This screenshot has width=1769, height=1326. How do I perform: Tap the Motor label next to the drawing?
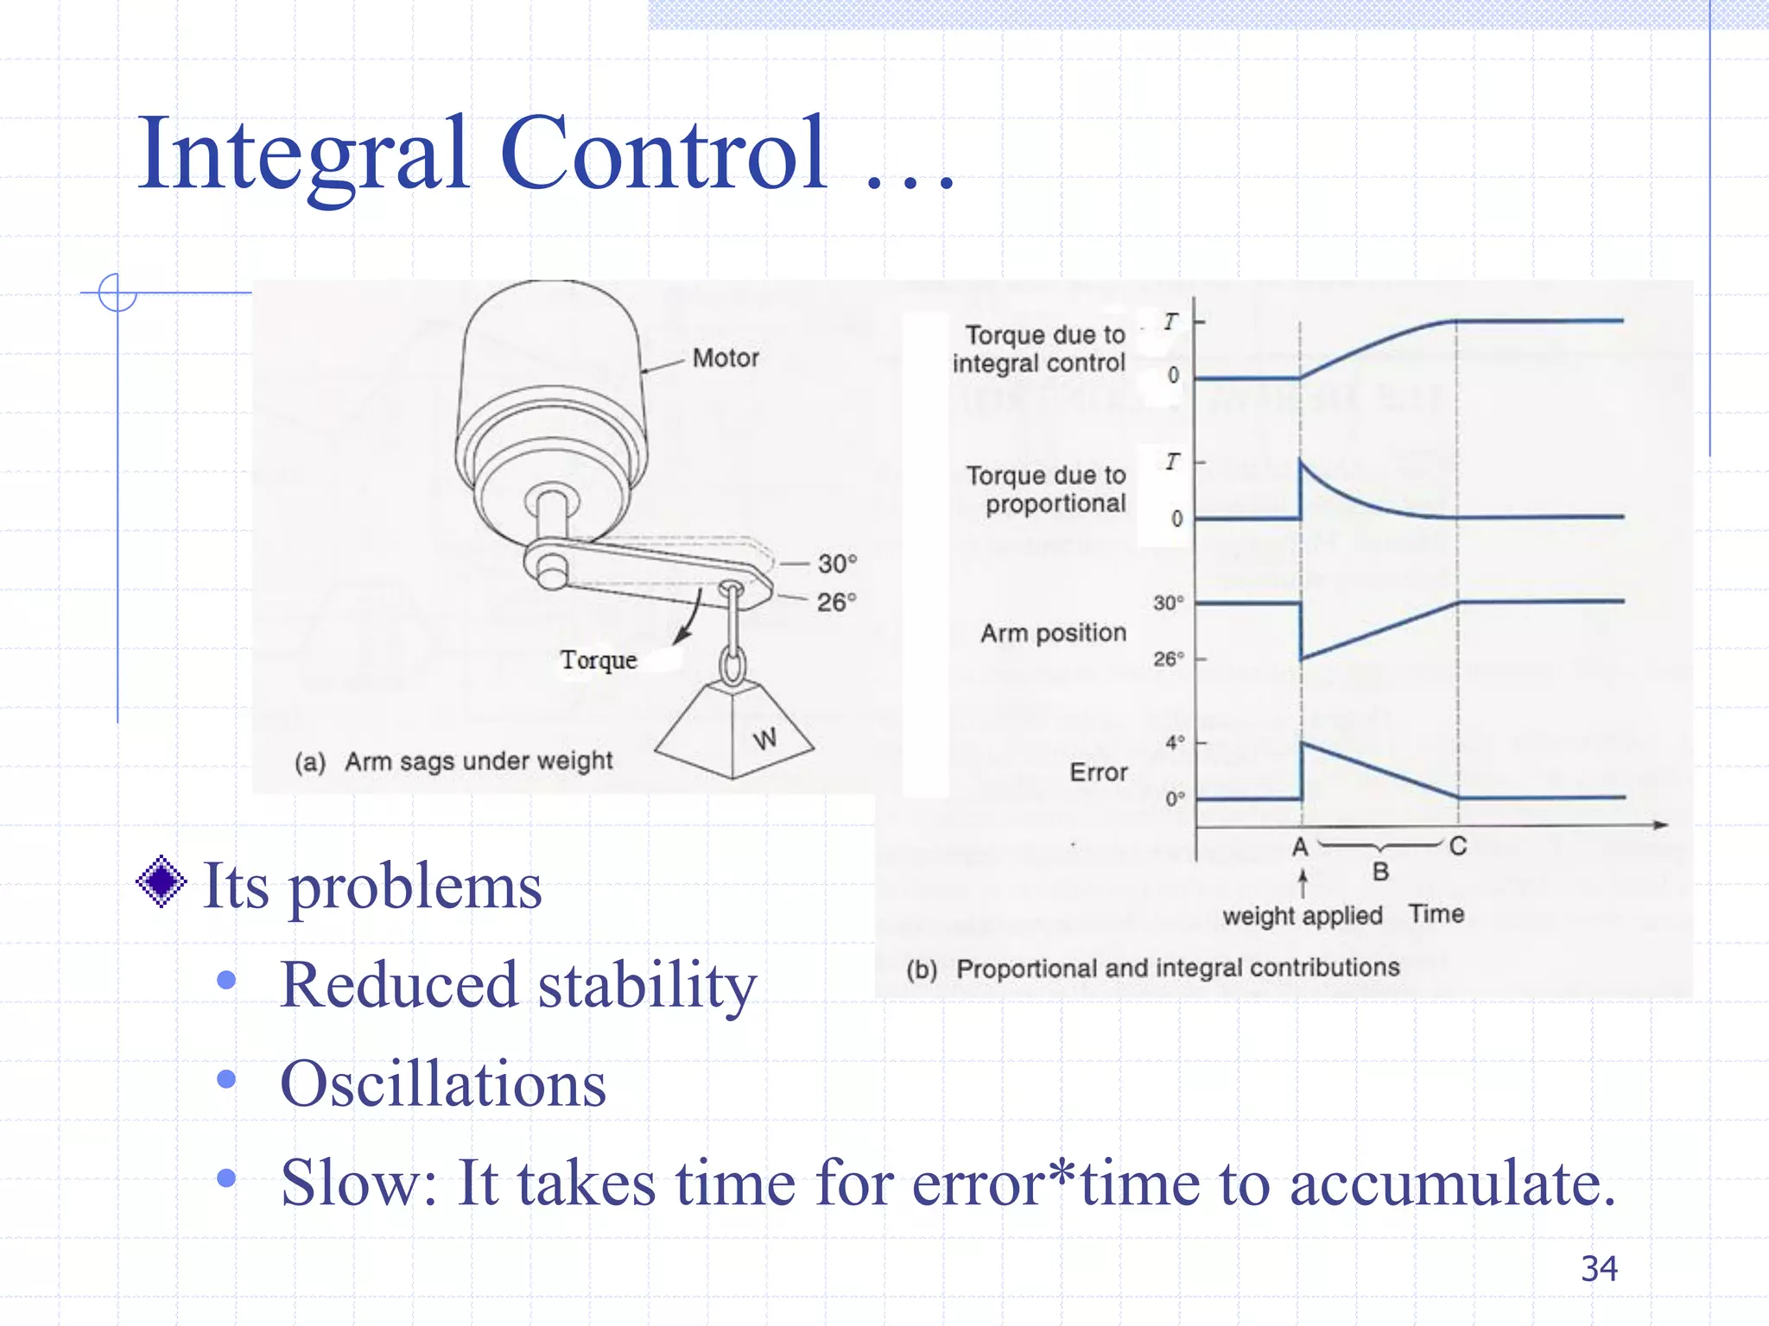(726, 358)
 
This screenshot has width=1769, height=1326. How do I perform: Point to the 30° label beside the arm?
(837, 564)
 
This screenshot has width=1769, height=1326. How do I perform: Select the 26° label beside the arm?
(836, 602)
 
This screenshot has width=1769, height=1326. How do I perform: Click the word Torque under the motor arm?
(599, 660)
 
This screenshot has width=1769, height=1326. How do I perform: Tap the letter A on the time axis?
(1300, 847)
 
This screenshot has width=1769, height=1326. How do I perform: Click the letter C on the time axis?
(1458, 846)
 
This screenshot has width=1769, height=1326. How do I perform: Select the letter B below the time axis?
(1380, 872)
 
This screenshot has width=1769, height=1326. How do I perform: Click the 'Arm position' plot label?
(1053, 634)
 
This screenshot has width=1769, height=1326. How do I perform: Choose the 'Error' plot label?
(1098, 772)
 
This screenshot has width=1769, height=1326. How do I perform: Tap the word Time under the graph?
(1436, 913)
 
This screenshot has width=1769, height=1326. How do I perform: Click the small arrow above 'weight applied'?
(1303, 883)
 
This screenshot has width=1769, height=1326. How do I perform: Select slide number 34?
(1599, 1269)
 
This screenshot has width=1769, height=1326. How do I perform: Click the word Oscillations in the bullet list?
(443, 1084)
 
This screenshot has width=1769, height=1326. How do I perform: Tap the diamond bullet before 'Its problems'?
(162, 882)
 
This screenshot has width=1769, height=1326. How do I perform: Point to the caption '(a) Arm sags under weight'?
(453, 761)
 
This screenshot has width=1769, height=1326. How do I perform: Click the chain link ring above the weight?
(732, 666)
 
